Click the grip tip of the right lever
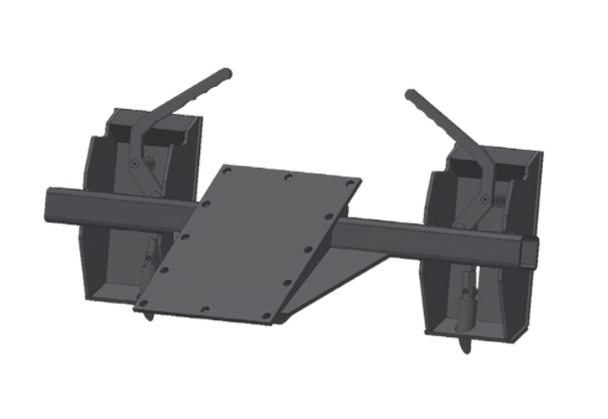tap(411, 95)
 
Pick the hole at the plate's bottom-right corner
tap(266, 316)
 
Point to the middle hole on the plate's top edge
tap(287, 177)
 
